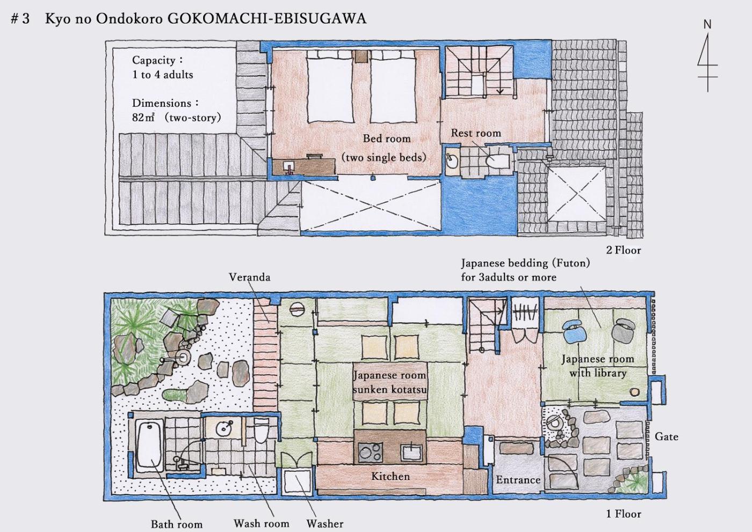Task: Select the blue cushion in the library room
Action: [575, 331]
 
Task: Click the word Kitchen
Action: [391, 476]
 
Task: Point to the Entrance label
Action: [518, 480]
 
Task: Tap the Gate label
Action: [667, 436]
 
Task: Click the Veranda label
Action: [249, 277]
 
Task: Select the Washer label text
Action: [324, 523]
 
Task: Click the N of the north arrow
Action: [707, 25]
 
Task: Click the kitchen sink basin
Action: [411, 453]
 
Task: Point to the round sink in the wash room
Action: [225, 428]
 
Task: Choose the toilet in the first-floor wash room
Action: [261, 429]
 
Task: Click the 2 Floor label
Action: [624, 250]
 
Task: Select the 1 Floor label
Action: [624, 514]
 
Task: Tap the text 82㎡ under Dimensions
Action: [143, 118]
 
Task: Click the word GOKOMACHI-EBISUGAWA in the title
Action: [267, 18]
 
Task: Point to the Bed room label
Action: [387, 139]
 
